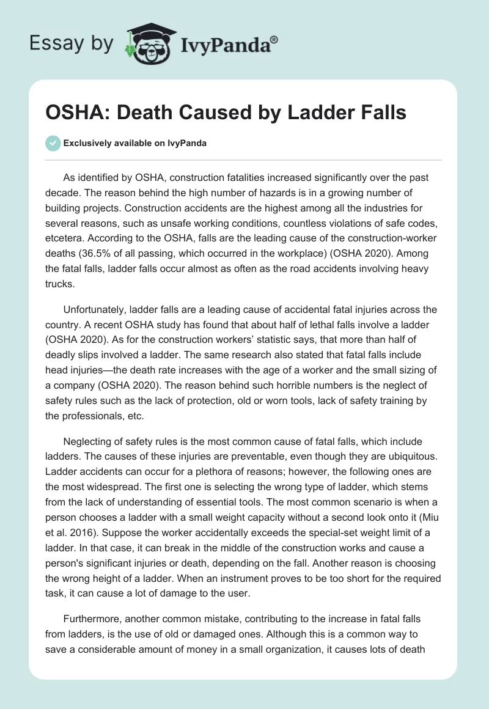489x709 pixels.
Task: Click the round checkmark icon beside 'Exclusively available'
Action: click(x=53, y=143)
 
